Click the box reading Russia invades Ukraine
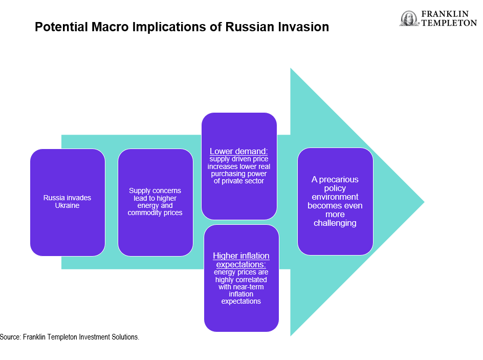(68, 202)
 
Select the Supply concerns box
(155, 202)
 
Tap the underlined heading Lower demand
(239, 152)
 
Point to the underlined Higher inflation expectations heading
(241, 260)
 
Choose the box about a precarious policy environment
(335, 202)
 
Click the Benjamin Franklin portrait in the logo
(409, 18)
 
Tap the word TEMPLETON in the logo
(449, 23)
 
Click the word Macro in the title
(110, 27)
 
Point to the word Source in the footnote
(10, 337)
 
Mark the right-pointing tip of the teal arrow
(424, 202)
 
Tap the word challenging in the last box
(335, 223)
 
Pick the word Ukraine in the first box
(67, 205)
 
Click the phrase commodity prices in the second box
(155, 213)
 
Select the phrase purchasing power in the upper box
(239, 174)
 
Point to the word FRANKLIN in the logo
(445, 14)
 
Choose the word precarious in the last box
(339, 180)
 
